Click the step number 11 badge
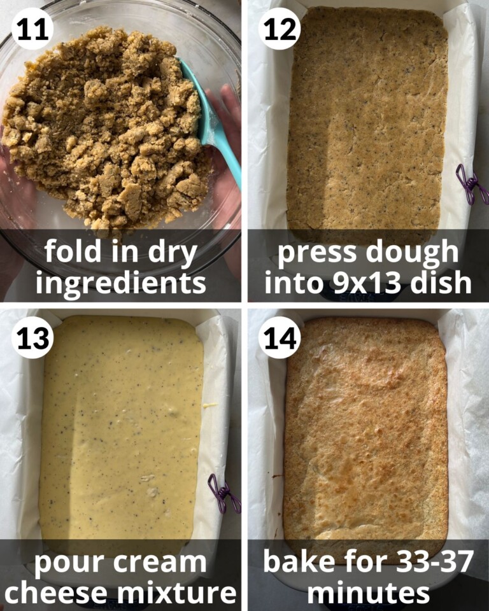(x=32, y=29)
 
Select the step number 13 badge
(x=32, y=337)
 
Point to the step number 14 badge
(x=279, y=337)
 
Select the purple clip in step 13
(x=224, y=493)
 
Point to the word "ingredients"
(x=121, y=283)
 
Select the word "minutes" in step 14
(x=368, y=593)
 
